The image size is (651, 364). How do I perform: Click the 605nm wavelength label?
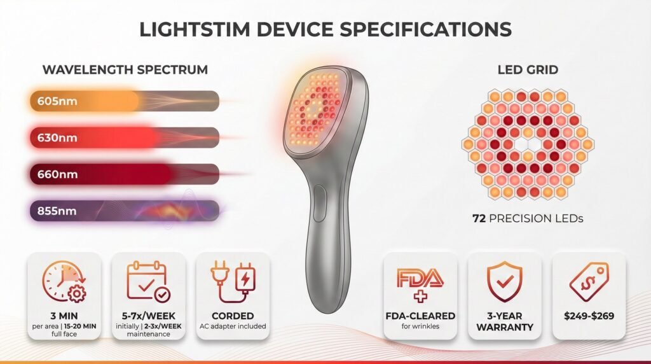click(x=57, y=101)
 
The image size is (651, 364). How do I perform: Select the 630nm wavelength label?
click(x=57, y=137)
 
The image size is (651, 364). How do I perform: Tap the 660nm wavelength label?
click(x=57, y=174)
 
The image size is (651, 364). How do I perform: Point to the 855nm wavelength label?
click(x=57, y=211)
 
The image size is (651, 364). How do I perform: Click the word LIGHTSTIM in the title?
click(x=195, y=29)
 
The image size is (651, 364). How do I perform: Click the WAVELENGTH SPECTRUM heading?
click(x=125, y=69)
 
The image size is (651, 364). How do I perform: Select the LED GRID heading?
click(x=528, y=69)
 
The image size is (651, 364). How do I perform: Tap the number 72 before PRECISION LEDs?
click(x=479, y=218)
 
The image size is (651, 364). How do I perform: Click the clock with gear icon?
click(x=64, y=281)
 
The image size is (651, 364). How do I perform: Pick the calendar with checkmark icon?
click(x=148, y=281)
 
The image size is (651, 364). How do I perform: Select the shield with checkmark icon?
click(x=504, y=281)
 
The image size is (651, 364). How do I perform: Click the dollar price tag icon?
click(x=589, y=282)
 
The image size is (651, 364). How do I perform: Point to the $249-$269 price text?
click(x=589, y=316)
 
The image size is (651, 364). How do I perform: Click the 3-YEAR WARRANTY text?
click(x=504, y=321)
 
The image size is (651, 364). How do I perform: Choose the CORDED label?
click(x=233, y=316)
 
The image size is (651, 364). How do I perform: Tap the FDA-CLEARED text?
click(x=420, y=316)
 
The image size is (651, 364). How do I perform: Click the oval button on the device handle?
click(x=319, y=204)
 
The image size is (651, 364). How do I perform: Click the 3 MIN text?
click(x=64, y=316)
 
